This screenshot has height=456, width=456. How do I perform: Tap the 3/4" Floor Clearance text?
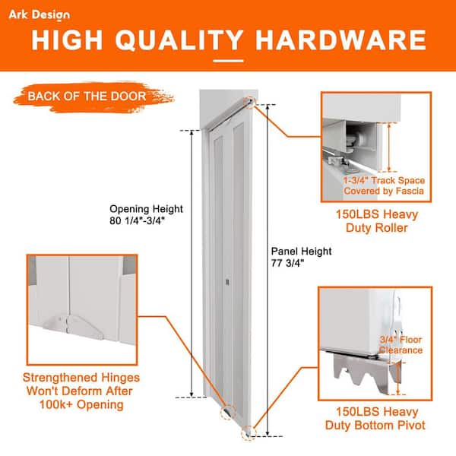(400, 344)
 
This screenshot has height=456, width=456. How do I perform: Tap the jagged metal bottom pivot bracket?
(356, 376)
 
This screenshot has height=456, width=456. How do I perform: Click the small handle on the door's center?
(227, 283)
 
